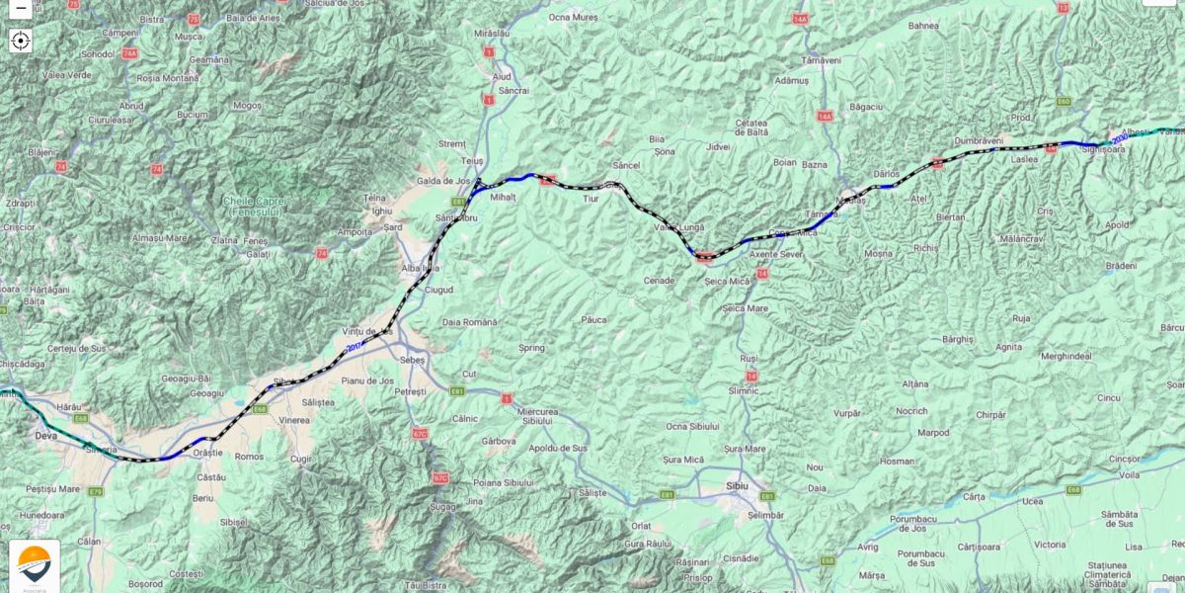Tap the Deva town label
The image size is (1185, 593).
tap(46, 434)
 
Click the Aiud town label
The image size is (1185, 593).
tap(502, 76)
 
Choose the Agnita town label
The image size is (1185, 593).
tap(1008, 347)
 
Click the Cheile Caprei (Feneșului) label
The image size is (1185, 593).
tap(256, 205)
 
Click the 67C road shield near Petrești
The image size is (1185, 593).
tap(420, 433)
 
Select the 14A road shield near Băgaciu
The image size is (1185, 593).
tap(825, 117)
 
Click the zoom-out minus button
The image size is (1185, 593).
tap(20, 7)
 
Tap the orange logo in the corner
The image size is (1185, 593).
tap(34, 564)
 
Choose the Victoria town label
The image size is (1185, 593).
tap(1049, 545)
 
